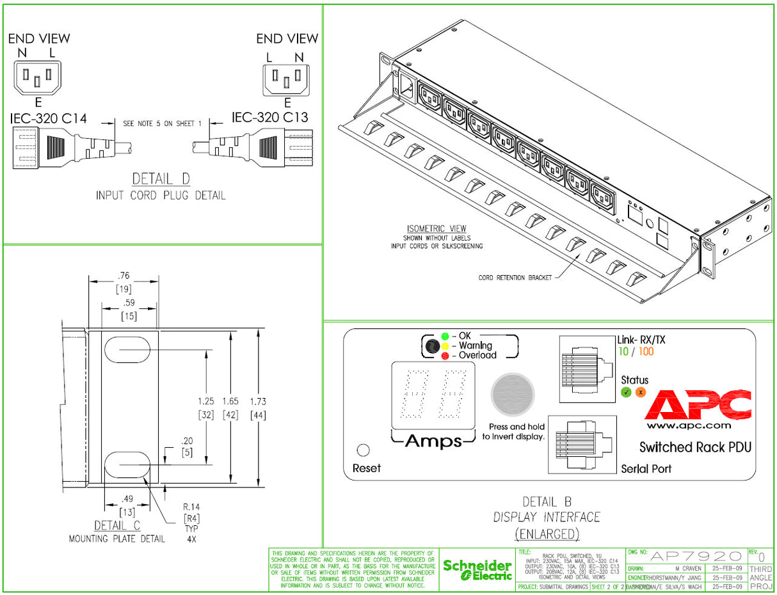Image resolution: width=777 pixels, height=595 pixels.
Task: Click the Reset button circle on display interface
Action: coord(363,450)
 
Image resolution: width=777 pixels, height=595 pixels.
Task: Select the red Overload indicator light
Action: coord(444,355)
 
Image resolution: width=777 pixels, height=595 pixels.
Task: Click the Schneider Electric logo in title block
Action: coord(477,570)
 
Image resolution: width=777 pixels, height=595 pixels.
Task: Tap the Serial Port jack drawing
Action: coord(582,445)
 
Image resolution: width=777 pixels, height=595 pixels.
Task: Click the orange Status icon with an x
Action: coord(640,392)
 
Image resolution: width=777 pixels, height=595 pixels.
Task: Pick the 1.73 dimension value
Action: coord(257,402)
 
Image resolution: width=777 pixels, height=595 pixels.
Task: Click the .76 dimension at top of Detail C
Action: coord(123,276)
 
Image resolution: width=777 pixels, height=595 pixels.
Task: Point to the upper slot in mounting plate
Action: coord(127,351)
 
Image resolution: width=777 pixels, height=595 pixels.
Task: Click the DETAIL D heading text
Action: coord(161,178)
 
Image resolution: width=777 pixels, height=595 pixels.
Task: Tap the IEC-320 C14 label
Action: coord(49,118)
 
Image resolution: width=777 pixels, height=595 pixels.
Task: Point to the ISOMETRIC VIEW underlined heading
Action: coord(437,228)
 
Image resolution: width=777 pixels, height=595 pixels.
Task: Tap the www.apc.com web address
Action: coord(688,425)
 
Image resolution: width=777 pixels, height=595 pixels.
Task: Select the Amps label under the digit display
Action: coord(433,441)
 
